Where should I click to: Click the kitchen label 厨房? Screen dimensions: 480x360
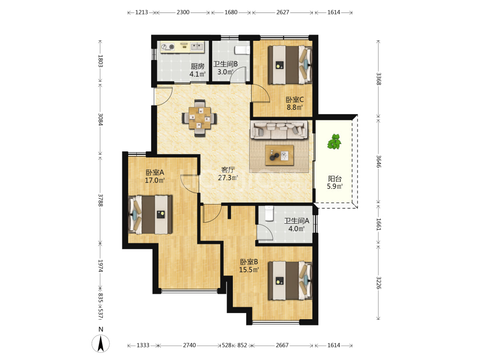197,66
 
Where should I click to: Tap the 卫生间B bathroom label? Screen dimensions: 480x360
225,64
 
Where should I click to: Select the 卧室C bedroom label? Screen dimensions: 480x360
295,99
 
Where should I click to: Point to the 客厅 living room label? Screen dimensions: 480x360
228,169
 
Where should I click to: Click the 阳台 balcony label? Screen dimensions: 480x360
335,179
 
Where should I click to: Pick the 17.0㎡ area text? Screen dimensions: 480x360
155,180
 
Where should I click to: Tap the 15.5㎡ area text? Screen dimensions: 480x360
249,270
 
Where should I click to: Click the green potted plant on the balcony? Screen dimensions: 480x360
334,142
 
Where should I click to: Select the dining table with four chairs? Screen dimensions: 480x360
200,118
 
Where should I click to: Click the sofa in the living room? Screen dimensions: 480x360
278,130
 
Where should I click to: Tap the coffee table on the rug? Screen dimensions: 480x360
279,155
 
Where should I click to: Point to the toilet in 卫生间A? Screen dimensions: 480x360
269,214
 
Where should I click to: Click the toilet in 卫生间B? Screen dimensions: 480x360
242,49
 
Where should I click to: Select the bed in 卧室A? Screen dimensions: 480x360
150,214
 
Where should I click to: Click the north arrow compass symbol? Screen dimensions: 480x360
101,343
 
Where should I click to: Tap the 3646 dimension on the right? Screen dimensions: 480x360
379,161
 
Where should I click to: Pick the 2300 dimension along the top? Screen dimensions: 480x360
183,12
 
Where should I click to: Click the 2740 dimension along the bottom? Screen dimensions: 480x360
189,345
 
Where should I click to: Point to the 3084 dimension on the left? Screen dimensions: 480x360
100,120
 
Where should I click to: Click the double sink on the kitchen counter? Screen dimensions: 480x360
197,47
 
